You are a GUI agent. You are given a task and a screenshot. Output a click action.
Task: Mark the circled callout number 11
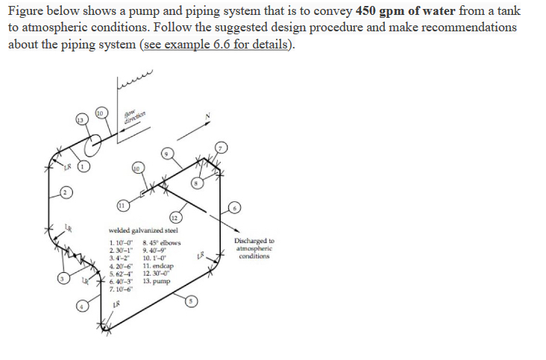[x=122, y=205]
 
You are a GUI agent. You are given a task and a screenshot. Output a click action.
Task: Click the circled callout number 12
[x=174, y=217]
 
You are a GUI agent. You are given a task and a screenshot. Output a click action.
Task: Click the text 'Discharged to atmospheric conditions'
[x=254, y=249]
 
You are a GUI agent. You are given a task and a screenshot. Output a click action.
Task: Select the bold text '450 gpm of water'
[x=395, y=11]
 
